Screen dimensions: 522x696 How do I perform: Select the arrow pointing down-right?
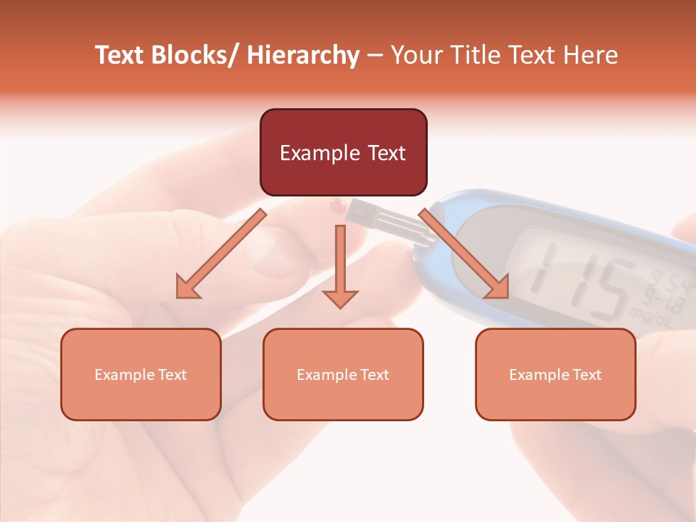click(464, 254)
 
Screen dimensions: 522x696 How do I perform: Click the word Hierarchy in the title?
click(302, 55)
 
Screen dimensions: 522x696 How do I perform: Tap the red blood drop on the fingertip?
click(336, 207)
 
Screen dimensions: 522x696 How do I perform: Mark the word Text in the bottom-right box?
click(587, 375)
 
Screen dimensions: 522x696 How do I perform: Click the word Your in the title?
click(415, 55)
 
